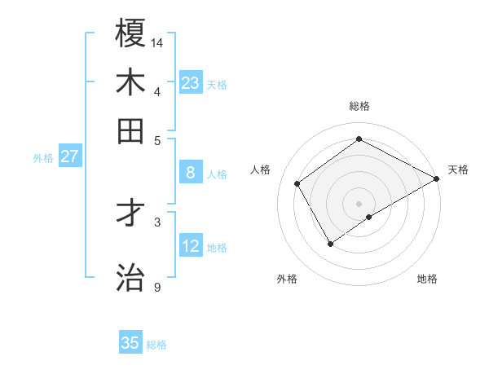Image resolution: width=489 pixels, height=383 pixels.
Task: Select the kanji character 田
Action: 130,130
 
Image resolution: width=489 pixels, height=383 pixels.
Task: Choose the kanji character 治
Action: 130,277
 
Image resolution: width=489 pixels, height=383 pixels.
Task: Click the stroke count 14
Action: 157,42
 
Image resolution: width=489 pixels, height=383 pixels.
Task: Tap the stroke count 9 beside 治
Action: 156,287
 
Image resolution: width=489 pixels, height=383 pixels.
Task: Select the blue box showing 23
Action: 190,82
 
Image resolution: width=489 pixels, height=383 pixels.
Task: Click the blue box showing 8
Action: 190,172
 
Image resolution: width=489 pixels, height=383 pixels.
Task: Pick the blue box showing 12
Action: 190,245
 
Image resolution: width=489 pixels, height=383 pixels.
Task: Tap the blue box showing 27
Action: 69,156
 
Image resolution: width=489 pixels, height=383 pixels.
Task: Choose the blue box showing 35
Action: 130,343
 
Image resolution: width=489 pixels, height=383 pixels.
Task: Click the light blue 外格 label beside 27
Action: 43,158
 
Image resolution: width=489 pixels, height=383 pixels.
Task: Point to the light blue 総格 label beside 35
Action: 157,345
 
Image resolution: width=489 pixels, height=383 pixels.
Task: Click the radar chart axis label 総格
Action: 359,106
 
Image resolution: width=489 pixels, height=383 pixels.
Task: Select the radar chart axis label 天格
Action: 458,169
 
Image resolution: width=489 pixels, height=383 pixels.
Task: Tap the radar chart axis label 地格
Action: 427,279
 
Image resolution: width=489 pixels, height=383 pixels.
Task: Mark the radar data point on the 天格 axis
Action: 437,179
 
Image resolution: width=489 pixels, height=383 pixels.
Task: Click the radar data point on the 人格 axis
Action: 297,183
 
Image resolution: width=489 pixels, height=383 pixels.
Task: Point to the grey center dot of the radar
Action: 359,203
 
